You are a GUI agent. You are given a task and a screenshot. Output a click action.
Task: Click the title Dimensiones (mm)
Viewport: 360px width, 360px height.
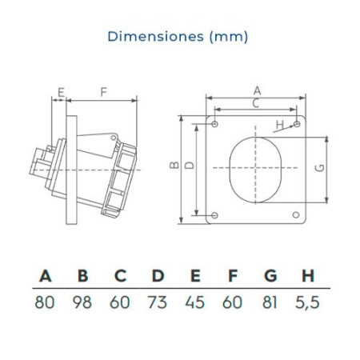coord(178,36)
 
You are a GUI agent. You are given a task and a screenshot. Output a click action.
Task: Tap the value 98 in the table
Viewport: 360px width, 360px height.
coord(82,302)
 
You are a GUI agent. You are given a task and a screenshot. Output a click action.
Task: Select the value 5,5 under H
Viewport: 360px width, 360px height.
coord(307,302)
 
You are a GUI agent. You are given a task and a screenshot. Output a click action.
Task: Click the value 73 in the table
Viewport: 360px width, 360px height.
coord(158,302)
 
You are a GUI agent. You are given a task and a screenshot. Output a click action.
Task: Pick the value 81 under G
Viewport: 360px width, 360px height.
coord(270,302)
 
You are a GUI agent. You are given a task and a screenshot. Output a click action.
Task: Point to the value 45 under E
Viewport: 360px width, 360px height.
coord(195,302)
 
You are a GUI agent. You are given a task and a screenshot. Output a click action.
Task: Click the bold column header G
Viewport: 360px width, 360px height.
coord(270,275)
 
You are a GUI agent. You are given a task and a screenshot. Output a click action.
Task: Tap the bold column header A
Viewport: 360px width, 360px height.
coord(46,275)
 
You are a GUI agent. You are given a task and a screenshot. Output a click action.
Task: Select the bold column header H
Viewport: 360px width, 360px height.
coord(308,275)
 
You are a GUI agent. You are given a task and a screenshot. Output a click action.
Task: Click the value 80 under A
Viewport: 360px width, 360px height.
coord(45,302)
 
